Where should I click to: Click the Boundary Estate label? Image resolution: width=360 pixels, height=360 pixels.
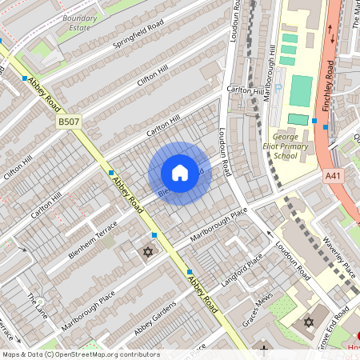coord(80,22)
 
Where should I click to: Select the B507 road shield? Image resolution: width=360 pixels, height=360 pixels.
coord(69,122)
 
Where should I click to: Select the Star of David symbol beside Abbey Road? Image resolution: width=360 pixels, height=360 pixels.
coord(147,253)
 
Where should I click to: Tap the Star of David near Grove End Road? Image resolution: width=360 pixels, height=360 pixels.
coord(309,322)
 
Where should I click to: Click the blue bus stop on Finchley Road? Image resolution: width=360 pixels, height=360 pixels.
coord(314,121)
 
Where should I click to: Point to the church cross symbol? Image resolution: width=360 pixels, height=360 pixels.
coord(264,349)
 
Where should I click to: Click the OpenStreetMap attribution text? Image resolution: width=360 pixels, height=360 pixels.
coord(80,354)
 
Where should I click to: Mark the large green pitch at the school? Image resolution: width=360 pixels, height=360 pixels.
coord(302,91)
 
